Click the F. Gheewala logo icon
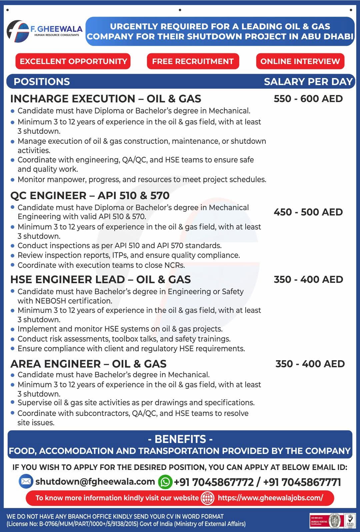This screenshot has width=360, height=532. [x=18, y=31]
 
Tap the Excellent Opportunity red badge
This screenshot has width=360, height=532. [x=73, y=61]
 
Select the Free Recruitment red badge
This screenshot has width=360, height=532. [x=193, y=61]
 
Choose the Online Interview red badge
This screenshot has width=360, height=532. [x=300, y=61]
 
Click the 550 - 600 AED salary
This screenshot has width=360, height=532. [x=308, y=99]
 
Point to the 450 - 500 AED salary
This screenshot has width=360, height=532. [x=308, y=212]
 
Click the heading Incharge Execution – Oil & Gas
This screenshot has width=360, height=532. [x=106, y=99]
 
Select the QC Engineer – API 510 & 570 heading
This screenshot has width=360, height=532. [x=90, y=195]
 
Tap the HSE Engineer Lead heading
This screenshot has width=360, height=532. [x=100, y=280]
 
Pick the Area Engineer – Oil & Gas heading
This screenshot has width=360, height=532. [x=88, y=364]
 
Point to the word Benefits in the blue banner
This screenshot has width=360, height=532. [x=180, y=439]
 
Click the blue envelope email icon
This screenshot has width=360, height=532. [x=26, y=482]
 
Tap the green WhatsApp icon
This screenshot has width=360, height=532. [x=165, y=482]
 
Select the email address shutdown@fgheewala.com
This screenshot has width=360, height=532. [x=95, y=482]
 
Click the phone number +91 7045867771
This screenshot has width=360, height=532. [x=302, y=482]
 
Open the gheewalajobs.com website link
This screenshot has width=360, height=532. [x=270, y=498]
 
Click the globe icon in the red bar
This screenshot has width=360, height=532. [x=207, y=498]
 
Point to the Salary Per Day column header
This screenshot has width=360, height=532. [x=308, y=82]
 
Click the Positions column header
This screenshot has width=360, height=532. [x=42, y=82]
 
